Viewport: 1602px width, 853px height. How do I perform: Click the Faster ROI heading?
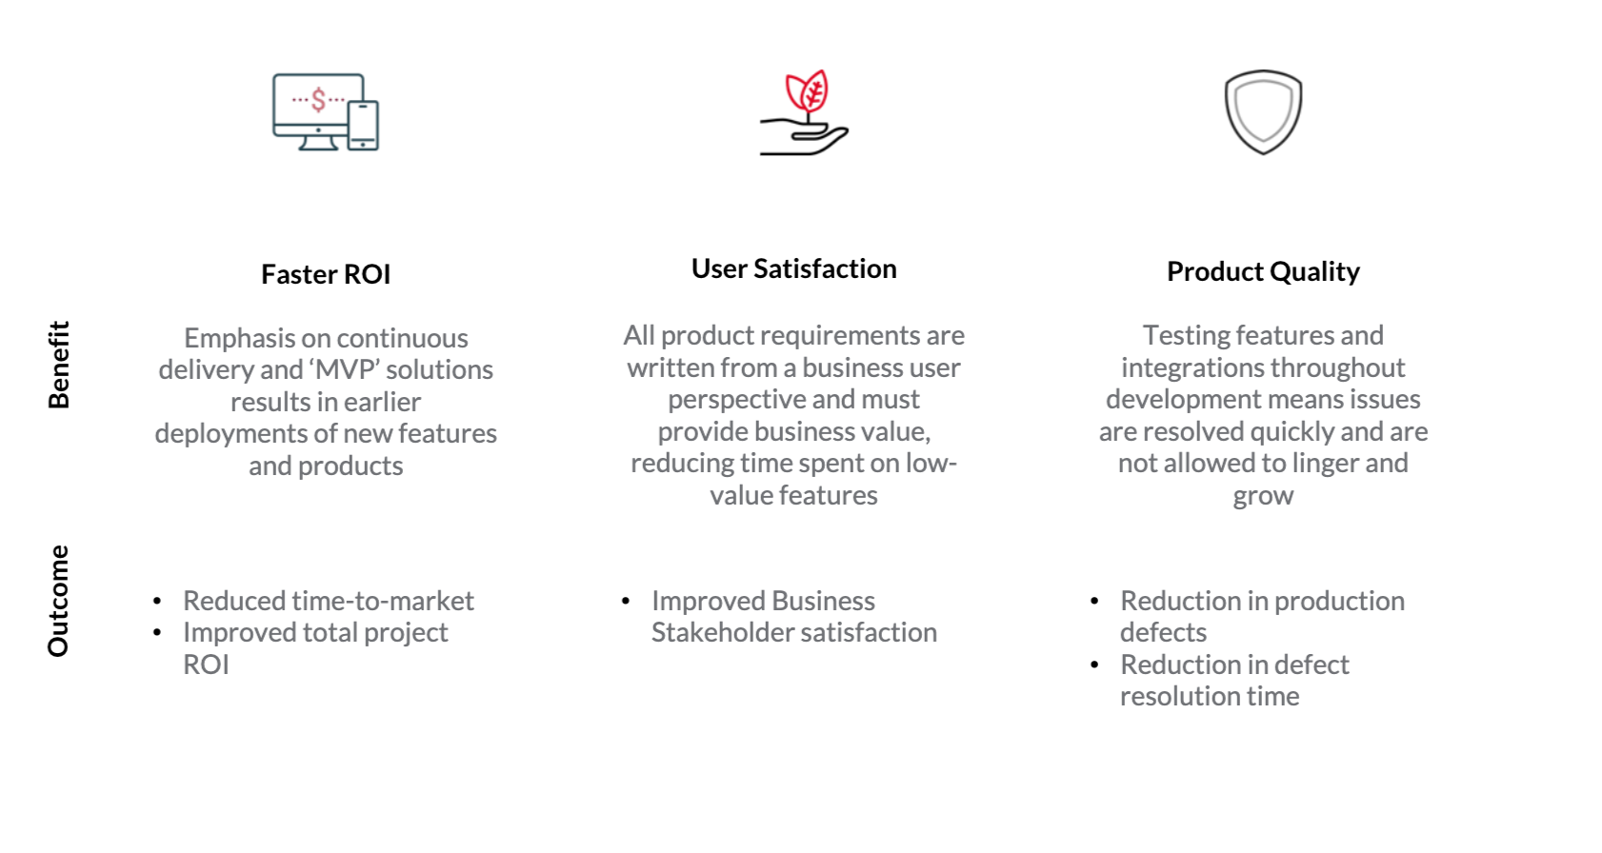coord(326,274)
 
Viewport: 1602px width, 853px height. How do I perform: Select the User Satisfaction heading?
coord(793,268)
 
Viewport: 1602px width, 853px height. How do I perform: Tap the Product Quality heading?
coord(1263,271)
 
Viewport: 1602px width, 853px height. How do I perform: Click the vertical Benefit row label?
coord(59,365)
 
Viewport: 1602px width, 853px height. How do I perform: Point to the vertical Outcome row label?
coord(59,601)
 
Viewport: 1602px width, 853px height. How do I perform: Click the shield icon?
coord(1263,112)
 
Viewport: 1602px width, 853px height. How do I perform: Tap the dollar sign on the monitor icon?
coord(318,99)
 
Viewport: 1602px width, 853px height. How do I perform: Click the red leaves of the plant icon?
coord(807,90)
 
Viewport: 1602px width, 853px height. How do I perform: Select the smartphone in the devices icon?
coord(363,125)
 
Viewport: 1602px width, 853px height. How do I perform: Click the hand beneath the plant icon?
coord(804,139)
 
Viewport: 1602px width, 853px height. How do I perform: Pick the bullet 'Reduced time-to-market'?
coord(329,601)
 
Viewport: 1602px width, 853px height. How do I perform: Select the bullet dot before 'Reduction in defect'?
coord(1094,665)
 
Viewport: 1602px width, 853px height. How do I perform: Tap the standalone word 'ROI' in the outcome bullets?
coord(206,665)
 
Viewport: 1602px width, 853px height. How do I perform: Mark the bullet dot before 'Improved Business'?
coord(626,601)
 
